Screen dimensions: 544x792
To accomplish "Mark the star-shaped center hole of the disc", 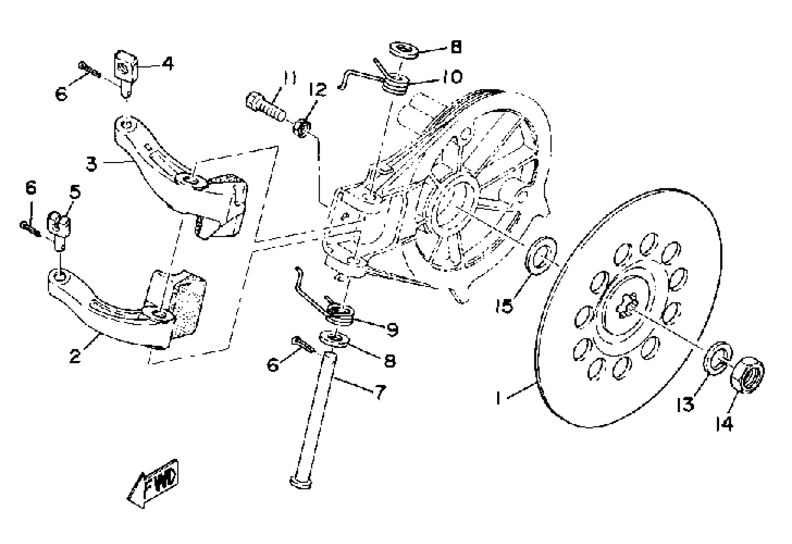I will pos(627,307).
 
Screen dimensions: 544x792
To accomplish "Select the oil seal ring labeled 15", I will pos(541,255).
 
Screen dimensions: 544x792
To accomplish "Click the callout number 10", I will pos(452,77).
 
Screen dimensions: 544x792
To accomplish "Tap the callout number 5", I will pos(75,192).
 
